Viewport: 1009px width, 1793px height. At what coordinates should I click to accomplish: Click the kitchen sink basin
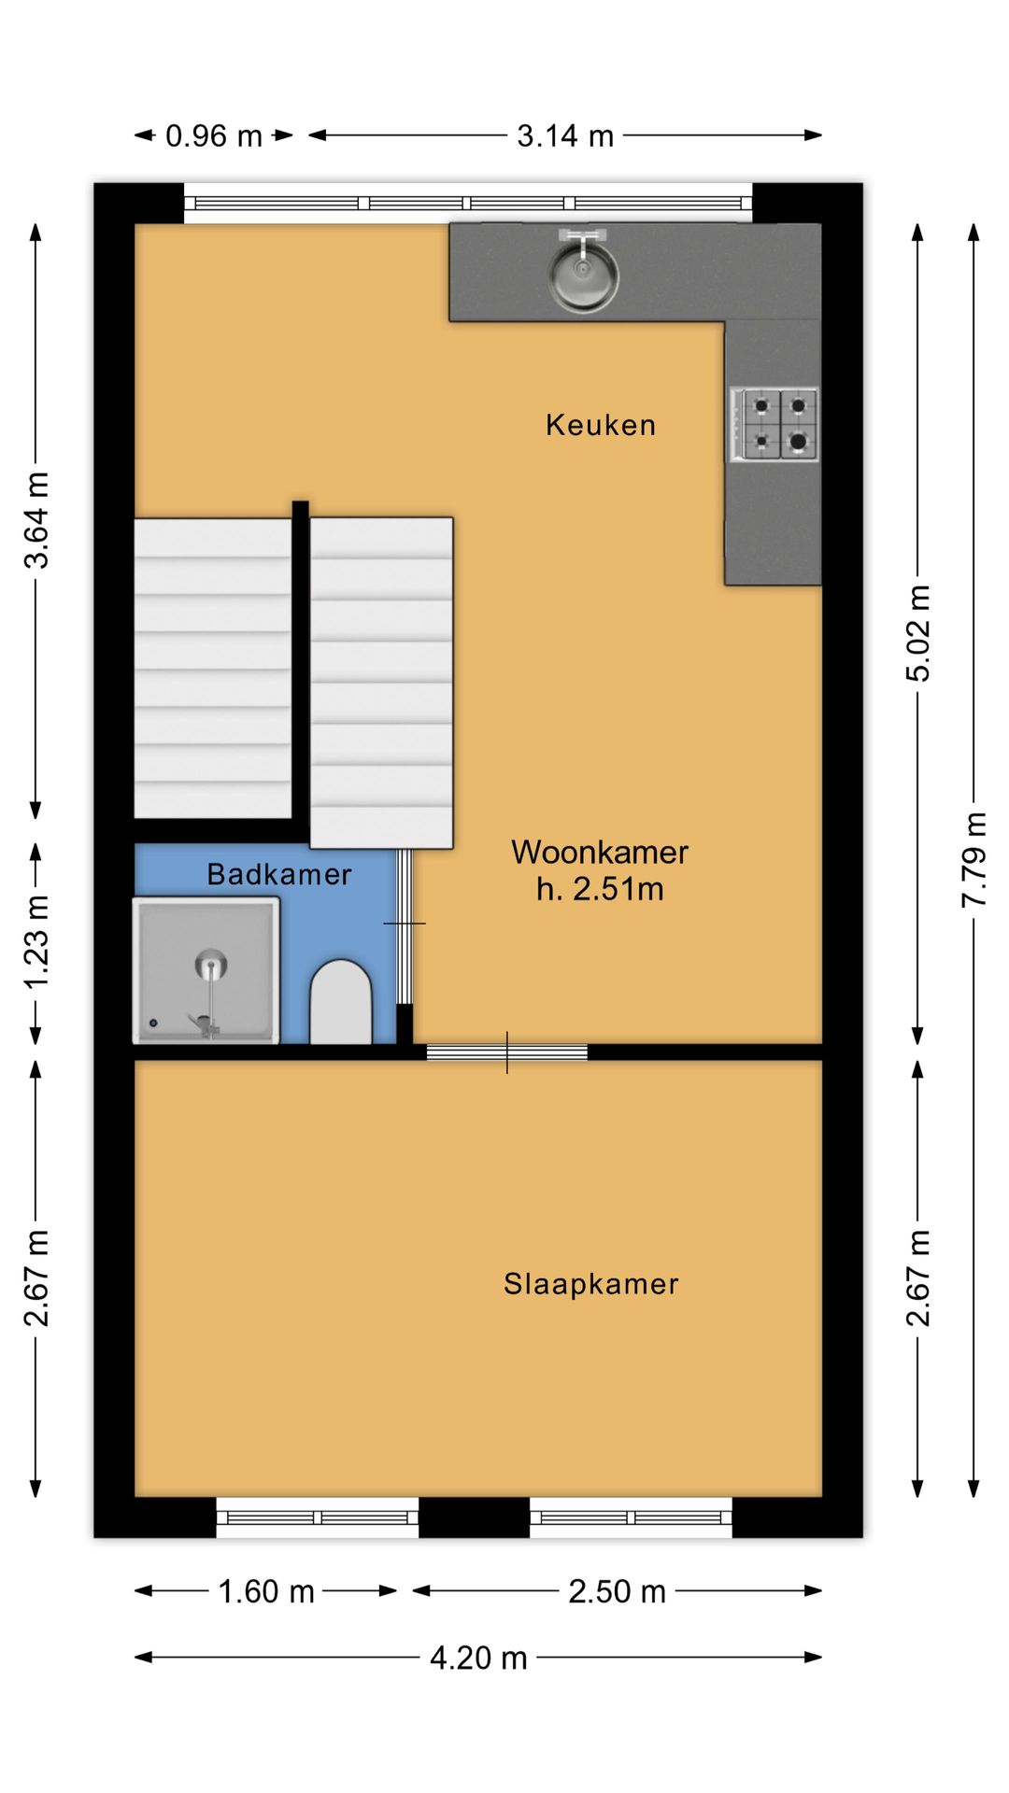583,275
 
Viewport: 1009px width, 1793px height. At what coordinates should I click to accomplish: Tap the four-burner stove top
775,425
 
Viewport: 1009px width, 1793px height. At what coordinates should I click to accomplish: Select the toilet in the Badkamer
341,1002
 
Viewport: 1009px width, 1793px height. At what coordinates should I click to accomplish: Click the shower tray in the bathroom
206,970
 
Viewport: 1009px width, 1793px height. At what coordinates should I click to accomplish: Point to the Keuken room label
601,425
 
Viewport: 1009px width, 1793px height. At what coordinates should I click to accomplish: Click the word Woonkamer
600,852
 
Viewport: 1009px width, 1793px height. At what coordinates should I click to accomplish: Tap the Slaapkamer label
591,1284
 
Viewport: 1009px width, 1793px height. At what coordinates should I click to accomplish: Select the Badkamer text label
279,874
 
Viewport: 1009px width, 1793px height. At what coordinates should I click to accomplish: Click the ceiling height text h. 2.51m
600,889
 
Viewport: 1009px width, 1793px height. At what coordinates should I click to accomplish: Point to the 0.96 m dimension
214,136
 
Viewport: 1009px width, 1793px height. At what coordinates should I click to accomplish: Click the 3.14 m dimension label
565,136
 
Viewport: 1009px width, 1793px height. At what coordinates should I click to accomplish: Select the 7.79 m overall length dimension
973,859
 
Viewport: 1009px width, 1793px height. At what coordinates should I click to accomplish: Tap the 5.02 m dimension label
918,633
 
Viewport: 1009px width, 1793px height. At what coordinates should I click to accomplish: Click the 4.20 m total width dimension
478,1658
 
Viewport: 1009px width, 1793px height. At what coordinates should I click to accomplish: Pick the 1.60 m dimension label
266,1591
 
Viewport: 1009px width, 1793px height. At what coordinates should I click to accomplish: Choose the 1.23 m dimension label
36,942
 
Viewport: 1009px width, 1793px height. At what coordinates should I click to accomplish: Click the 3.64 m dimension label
36,520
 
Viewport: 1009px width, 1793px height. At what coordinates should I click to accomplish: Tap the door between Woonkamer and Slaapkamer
507,1052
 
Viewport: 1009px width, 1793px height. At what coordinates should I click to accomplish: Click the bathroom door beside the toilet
405,925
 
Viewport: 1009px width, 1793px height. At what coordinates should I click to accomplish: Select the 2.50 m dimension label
617,1591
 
